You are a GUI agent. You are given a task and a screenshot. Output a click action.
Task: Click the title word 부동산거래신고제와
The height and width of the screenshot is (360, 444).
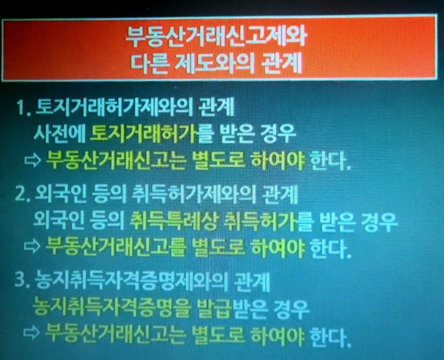[216, 37]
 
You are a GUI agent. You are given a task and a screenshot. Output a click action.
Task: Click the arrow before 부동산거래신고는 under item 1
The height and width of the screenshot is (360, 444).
[33, 161]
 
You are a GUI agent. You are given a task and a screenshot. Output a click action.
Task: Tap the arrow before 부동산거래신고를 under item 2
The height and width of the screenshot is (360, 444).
[32, 245]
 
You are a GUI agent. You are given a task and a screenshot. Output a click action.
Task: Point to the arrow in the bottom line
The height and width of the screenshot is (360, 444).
[32, 333]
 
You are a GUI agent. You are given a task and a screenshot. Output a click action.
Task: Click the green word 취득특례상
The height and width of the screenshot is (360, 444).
[174, 220]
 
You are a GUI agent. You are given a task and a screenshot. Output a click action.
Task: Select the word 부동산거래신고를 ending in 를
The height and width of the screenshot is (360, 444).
[116, 246]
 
